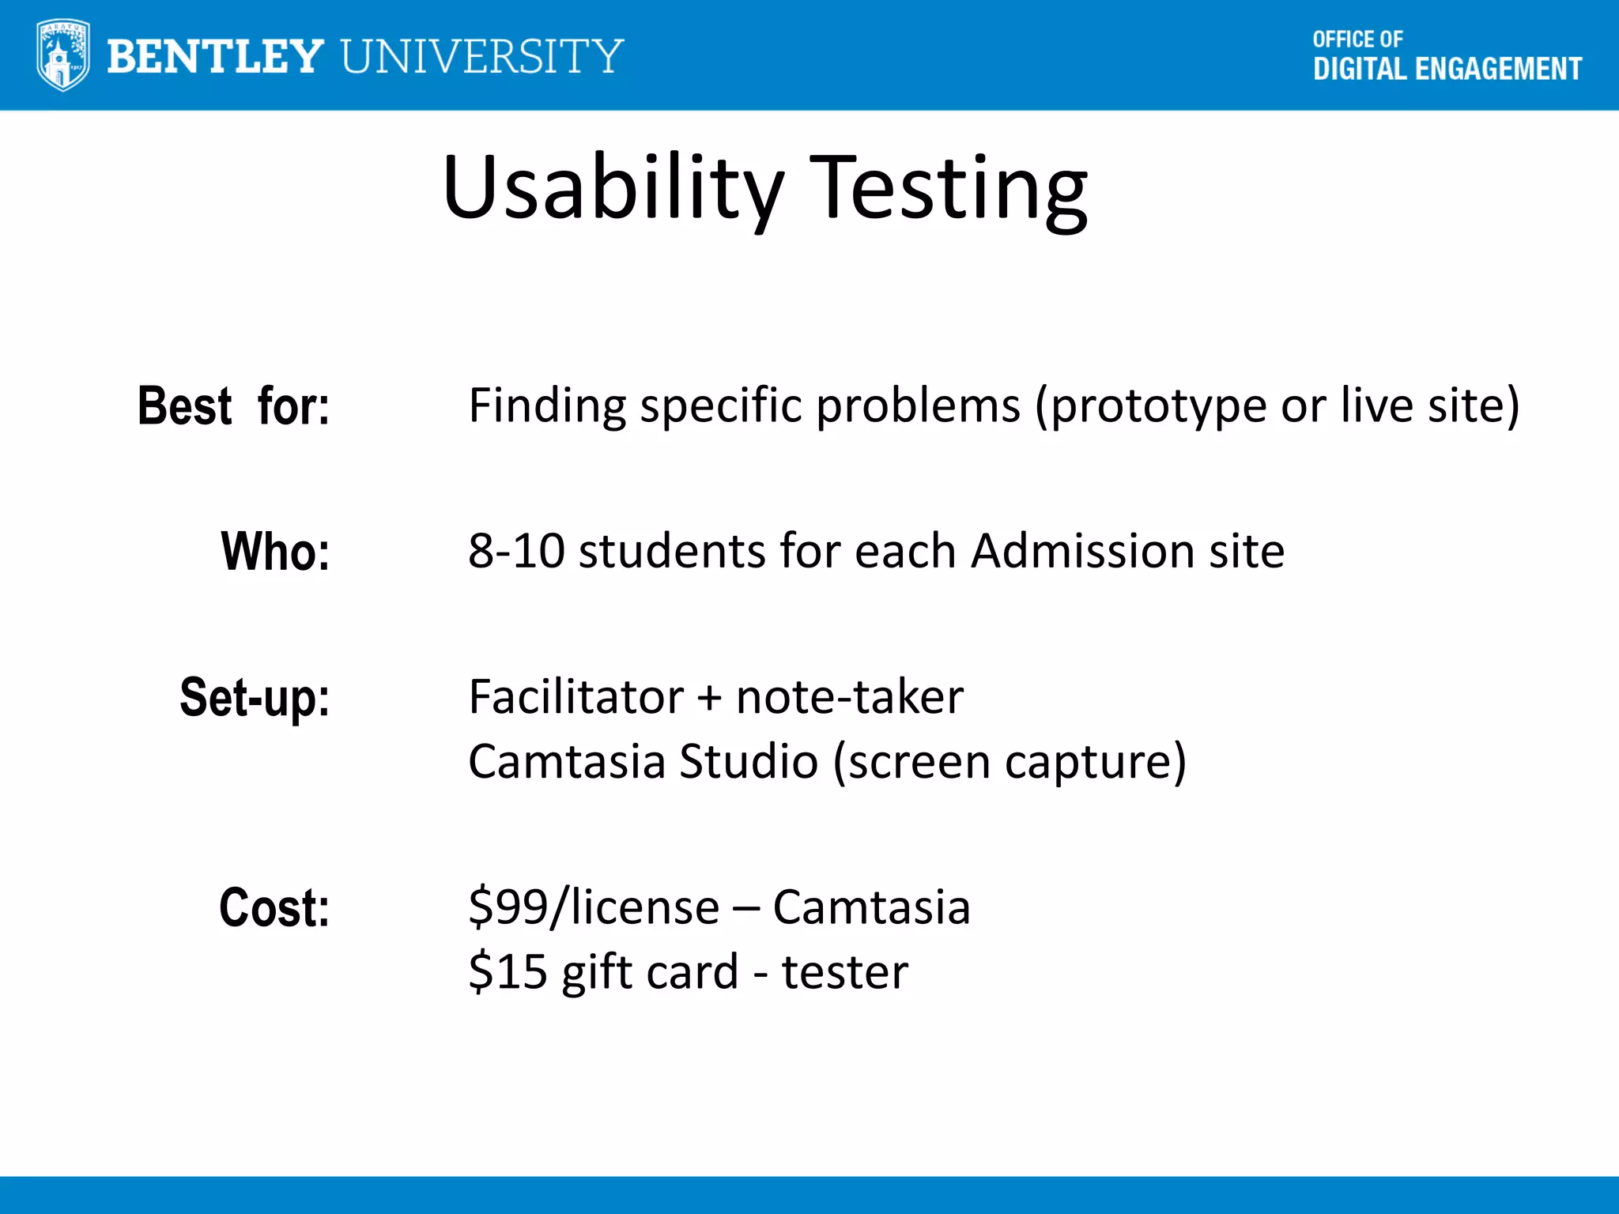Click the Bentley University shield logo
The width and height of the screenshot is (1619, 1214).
click(x=62, y=55)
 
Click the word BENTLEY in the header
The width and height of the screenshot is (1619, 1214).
click(x=214, y=56)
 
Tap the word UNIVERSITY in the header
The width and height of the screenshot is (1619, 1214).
click(x=482, y=56)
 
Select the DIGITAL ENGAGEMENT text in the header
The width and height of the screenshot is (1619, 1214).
click(x=1447, y=70)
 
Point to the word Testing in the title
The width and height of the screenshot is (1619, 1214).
click(x=948, y=190)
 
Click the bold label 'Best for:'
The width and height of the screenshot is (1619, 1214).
click(x=233, y=406)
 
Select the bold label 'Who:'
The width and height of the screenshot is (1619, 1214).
click(x=275, y=551)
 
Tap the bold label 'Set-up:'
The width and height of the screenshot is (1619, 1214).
click(x=255, y=697)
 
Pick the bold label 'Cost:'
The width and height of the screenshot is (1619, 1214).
click(x=274, y=907)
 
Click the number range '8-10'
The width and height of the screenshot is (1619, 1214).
click(x=516, y=551)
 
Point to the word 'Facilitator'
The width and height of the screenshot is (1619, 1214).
click(x=576, y=697)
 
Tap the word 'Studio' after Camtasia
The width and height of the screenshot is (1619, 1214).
click(x=748, y=762)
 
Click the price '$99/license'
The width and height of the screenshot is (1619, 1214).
click(x=594, y=907)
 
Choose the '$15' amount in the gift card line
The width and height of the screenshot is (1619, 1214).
click(x=508, y=972)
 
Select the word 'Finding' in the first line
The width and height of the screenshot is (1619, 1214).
click(x=547, y=406)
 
